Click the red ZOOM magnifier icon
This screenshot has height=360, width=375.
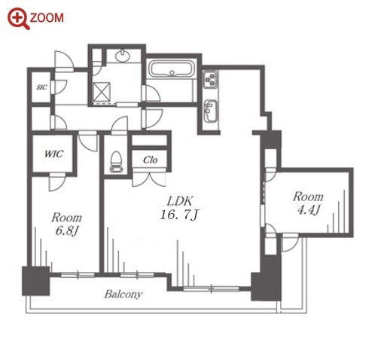(19, 19)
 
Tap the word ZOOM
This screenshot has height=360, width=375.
(47, 18)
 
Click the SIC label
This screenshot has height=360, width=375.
(41, 87)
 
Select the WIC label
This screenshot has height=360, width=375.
(54, 154)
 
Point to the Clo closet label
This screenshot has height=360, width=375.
(150, 160)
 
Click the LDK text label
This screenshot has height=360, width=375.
(180, 201)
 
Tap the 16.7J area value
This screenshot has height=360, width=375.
(180, 215)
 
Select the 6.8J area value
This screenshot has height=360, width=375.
(67, 230)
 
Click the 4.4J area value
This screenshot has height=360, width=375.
(309, 209)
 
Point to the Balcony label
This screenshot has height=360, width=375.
(123, 294)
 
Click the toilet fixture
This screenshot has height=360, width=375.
(117, 162)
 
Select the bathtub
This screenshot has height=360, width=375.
(172, 69)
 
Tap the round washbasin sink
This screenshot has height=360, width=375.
(123, 56)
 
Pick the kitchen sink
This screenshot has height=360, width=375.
(210, 111)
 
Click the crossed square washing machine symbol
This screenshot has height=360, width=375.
(101, 92)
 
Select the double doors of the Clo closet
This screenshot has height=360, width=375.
(149, 178)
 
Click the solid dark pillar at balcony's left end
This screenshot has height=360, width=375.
(35, 281)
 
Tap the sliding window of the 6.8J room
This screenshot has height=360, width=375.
(78, 275)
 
